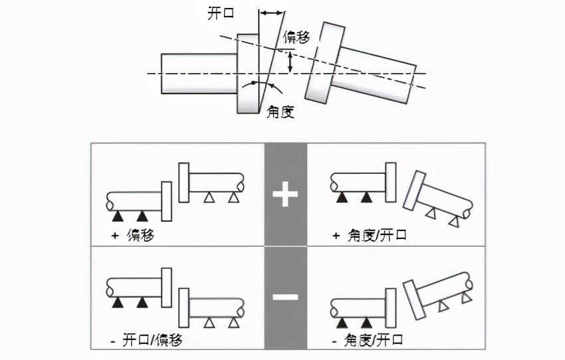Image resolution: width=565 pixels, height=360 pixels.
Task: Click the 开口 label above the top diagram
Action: pos(222,13)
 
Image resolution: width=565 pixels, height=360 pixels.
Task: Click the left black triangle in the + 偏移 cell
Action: pos(118,216)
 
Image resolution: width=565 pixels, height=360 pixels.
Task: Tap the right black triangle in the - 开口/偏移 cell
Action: pos(141,303)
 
